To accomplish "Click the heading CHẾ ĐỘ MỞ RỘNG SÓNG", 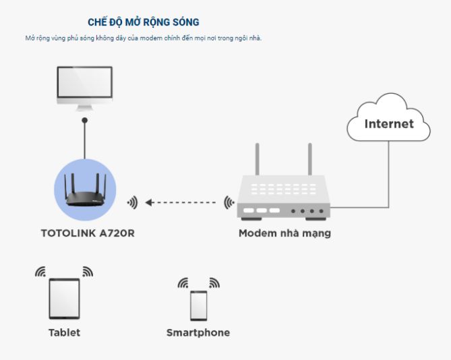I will pos(143,22).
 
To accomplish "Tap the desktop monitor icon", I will pos(84,87).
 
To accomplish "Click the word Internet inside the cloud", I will pos(389,123).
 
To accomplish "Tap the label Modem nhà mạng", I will pos(284,234).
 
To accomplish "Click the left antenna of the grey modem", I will pos(257,158).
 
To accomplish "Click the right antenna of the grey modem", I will pos(310,158).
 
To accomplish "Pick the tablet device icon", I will pos(64,299).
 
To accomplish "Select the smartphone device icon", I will pos(198,305).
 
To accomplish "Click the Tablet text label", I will pos(64,332).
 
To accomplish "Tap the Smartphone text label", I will pos(198,332).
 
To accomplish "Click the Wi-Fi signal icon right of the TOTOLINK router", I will pos(132,202).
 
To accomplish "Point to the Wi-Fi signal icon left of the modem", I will pos(230,202).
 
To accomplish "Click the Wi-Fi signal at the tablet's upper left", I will pos(40,272).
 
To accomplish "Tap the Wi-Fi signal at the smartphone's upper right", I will pos(214,282).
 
